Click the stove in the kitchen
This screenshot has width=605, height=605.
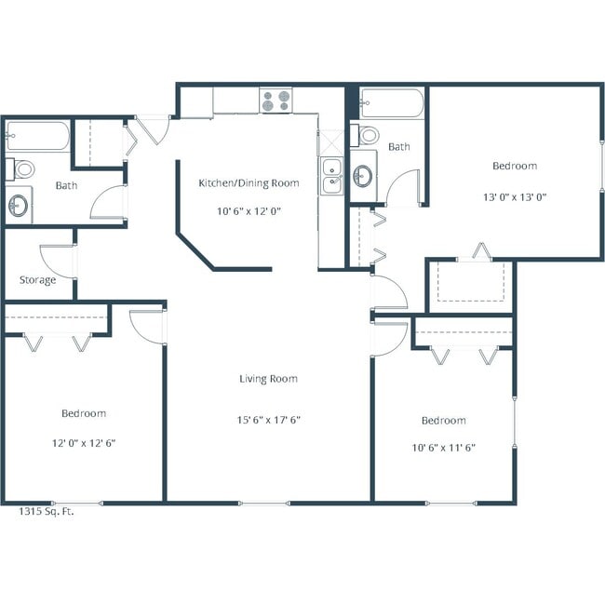point(276,101)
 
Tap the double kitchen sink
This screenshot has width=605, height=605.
point(331,176)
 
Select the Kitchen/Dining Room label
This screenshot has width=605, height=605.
point(249,183)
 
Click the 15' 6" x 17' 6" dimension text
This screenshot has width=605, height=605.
point(268,420)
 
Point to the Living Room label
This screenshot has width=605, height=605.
point(268,379)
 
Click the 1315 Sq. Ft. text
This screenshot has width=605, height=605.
point(47,511)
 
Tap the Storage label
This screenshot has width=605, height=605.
point(37,280)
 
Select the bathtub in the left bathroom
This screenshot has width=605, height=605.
point(37,141)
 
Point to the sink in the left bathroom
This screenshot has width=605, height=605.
point(19,204)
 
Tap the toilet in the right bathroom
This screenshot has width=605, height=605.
point(370,136)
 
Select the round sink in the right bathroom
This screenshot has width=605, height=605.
point(363,175)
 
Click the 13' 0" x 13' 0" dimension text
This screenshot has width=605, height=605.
point(515,196)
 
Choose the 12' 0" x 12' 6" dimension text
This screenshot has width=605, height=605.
point(84,443)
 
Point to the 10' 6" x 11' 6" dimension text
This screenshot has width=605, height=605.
point(443,448)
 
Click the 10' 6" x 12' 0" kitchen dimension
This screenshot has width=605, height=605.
point(249,211)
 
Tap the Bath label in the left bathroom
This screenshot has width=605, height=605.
point(66,185)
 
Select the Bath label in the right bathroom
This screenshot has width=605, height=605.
point(399,147)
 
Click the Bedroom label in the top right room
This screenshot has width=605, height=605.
point(515,166)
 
